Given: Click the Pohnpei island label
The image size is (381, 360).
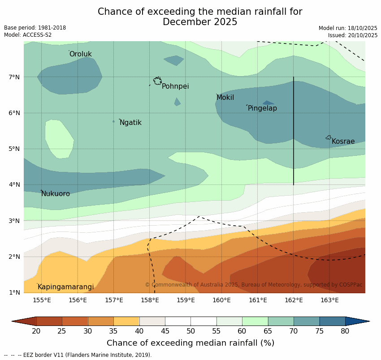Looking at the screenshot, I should pos(175,86).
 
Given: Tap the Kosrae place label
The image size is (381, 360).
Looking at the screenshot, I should pos(343,141).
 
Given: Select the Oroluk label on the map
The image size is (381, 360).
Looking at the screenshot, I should pos(81,54).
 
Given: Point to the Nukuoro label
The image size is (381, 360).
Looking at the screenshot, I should pos(56,194).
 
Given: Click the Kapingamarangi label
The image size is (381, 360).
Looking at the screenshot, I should pos(66,287).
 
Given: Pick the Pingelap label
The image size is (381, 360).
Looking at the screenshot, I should pos(262,108).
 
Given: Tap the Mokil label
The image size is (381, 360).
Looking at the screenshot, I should pos(225,98).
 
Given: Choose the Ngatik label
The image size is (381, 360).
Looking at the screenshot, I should pos(130,123).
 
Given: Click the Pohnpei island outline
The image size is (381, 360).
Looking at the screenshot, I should pos(157,81).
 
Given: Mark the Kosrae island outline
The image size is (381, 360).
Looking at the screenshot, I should pos(329,137).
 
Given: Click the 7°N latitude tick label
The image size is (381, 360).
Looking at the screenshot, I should pos(14,77).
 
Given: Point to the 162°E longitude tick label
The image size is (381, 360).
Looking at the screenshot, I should pos(294,300).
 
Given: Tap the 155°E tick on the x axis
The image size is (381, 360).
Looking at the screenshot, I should pos(42,300).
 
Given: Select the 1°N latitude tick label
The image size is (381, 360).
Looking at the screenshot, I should pos(14,292).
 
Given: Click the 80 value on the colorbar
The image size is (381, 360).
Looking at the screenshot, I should pos(345,331).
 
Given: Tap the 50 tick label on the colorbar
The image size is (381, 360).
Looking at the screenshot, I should pos(190,331).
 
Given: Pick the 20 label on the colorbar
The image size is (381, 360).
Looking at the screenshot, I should pos(36,331).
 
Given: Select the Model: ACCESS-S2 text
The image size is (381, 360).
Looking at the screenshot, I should pos(28,35).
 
